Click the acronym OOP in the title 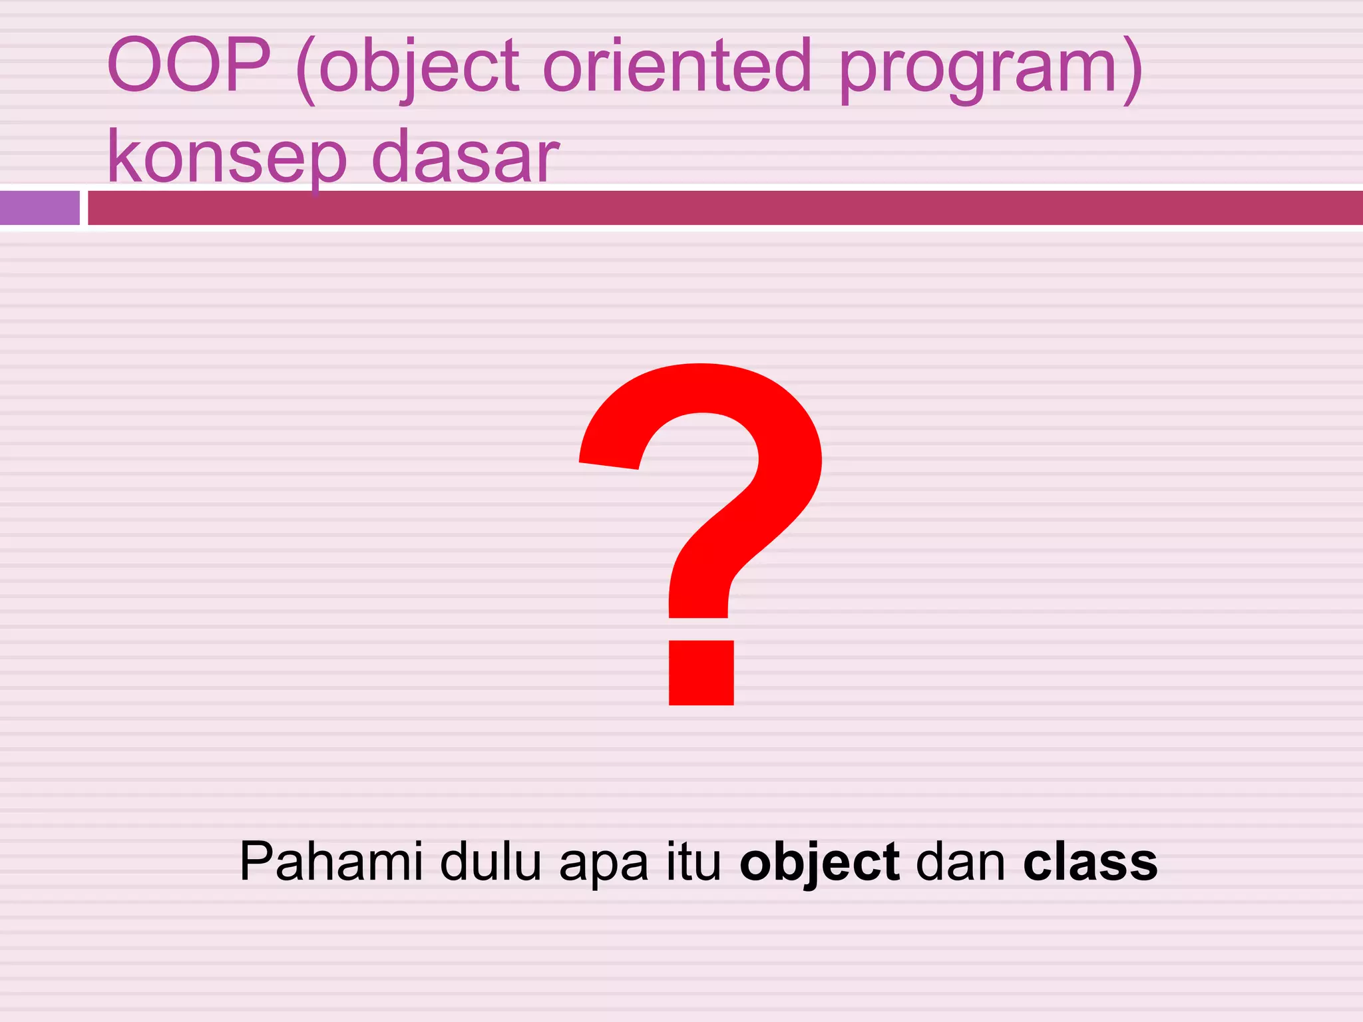pyautogui.click(x=189, y=65)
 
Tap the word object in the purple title pyautogui.click(x=419, y=67)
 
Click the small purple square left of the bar pyautogui.click(x=40, y=208)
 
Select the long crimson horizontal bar pyautogui.click(x=725, y=208)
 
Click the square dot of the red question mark pyautogui.click(x=701, y=672)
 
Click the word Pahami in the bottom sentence pyautogui.click(x=331, y=862)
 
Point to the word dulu pyautogui.click(x=490, y=862)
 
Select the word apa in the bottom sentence pyautogui.click(x=604, y=866)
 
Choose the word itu pyautogui.click(x=694, y=862)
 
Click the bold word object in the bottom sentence pyautogui.click(x=819, y=864)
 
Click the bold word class pyautogui.click(x=1090, y=862)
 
